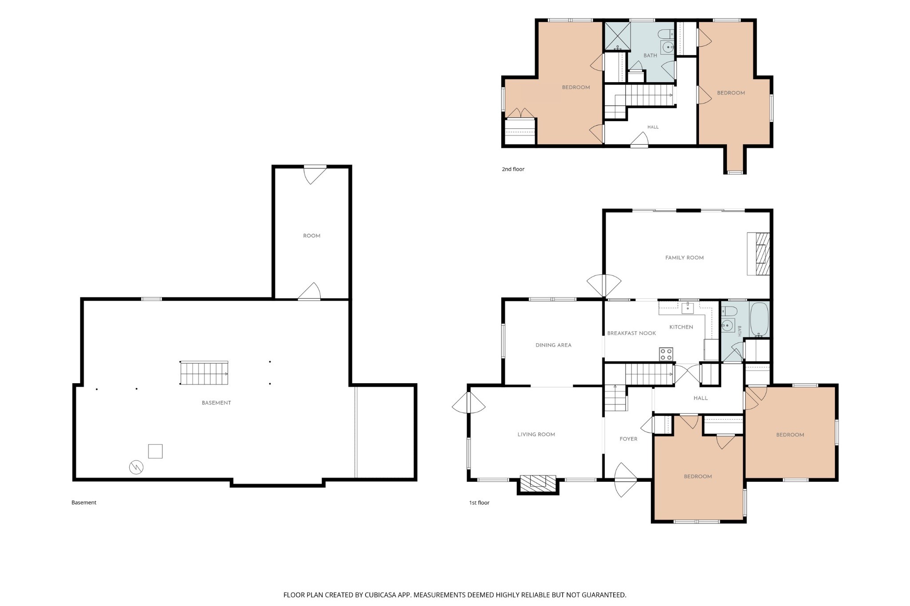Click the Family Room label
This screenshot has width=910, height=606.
pyautogui.click(x=684, y=257)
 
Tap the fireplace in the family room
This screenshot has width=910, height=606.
pyautogui.click(x=758, y=253)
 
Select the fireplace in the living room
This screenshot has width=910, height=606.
pyautogui.click(x=538, y=484)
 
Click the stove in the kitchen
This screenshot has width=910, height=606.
pyautogui.click(x=666, y=354)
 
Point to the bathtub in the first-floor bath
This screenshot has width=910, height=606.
pyautogui.click(x=759, y=319)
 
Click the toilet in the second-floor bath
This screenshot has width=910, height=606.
pyautogui.click(x=666, y=34)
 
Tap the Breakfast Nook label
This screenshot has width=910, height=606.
pyautogui.click(x=631, y=333)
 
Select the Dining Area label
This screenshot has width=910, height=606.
pyautogui.click(x=553, y=345)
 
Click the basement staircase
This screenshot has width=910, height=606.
pyautogui.click(x=204, y=373)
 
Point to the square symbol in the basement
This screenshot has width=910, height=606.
pyautogui.click(x=155, y=451)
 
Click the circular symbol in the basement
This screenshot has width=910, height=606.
pyautogui.click(x=136, y=467)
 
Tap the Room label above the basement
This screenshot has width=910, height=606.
pyautogui.click(x=311, y=236)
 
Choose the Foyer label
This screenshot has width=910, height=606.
pyautogui.click(x=628, y=439)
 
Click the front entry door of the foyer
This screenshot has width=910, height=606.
pyautogui.click(x=626, y=480)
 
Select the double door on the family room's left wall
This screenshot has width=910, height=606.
pyautogui.click(x=604, y=285)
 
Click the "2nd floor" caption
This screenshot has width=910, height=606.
pyautogui.click(x=513, y=169)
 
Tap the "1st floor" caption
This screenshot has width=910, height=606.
pyautogui.click(x=479, y=503)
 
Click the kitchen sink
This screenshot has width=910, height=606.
pyautogui.click(x=687, y=308)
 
